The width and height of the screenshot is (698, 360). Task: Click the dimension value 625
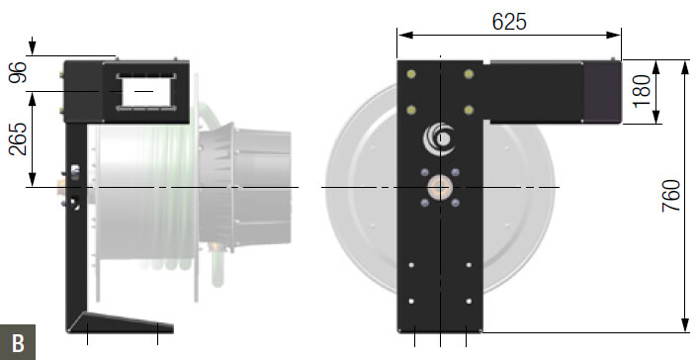[x=509, y=21]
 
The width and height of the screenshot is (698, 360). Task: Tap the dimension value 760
[x=671, y=196]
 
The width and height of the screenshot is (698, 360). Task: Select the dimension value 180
[x=642, y=91]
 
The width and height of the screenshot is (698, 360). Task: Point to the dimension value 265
[x=18, y=138]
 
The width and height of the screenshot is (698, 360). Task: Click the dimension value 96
[x=18, y=72]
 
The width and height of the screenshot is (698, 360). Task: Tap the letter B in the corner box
[x=18, y=343]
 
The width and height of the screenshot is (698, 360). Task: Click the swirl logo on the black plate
[x=439, y=138]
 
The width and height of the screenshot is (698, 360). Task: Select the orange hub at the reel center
[x=440, y=187]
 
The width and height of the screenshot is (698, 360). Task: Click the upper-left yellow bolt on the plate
[x=411, y=74]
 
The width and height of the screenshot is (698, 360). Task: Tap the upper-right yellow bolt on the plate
[x=469, y=74]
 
